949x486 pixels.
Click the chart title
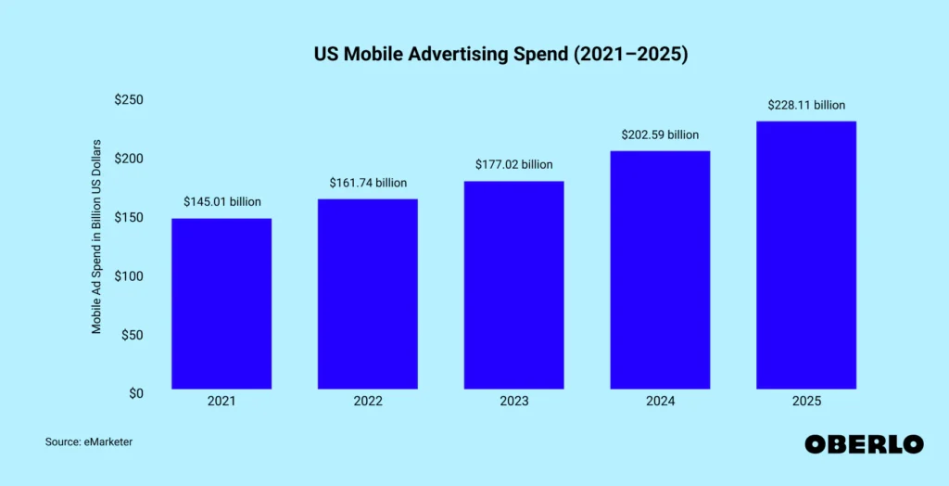point(501,54)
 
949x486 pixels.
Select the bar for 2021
point(221,303)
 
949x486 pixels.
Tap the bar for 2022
point(367,294)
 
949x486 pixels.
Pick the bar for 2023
point(513,285)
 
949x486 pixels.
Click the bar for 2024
point(660,270)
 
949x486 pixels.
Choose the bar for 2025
point(806,255)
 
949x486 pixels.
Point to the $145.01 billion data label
point(222,202)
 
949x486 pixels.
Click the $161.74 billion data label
point(368,183)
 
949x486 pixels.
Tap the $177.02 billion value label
point(513,164)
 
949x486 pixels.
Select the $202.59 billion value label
point(660,134)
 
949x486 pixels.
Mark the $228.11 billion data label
point(806,105)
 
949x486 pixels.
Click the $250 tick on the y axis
point(128,99)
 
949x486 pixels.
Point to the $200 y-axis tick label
point(128,159)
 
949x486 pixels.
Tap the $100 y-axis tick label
point(128,275)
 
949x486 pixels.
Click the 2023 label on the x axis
point(513,402)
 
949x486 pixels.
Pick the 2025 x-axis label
point(806,402)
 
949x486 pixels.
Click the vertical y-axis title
point(96,237)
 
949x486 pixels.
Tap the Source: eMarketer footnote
point(89,442)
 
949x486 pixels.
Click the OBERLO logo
point(865,444)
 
